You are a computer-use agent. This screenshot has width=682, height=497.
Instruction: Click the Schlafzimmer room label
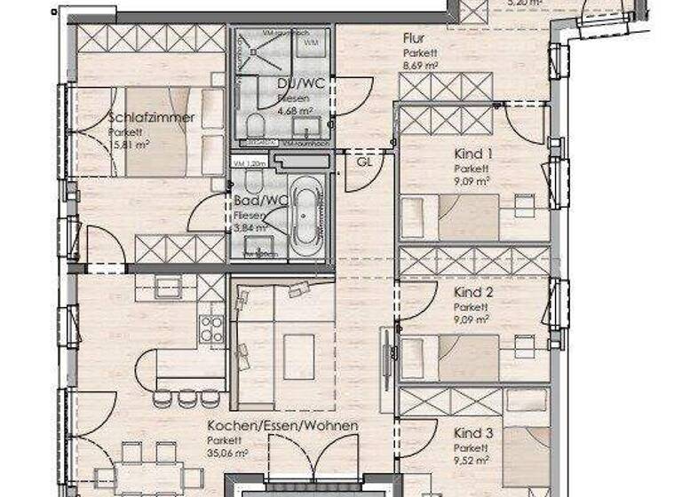pyautogui.click(x=151, y=117)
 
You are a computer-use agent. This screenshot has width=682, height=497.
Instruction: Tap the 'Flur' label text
pyautogui.click(x=413, y=39)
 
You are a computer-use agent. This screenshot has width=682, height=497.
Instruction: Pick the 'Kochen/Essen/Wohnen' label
pyautogui.click(x=282, y=426)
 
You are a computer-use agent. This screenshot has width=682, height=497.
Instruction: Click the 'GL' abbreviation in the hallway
pyautogui.click(x=364, y=163)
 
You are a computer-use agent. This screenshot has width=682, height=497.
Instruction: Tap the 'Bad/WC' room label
pyautogui.click(x=251, y=202)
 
